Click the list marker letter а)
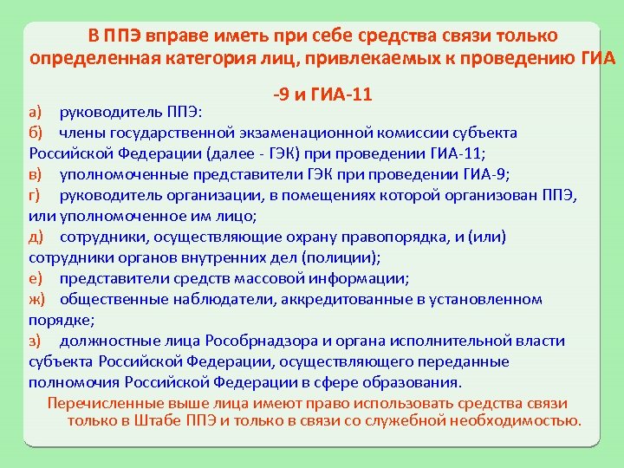pos(35,113)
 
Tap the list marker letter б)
pos(35,133)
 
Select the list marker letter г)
pos(34,196)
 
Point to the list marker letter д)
pos(35,237)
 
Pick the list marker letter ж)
pos(36,299)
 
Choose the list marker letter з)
pos(34,341)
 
